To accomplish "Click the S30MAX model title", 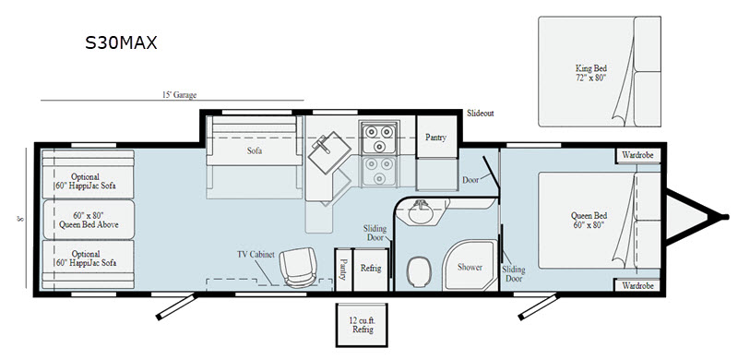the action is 121,42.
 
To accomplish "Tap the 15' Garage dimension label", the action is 179,95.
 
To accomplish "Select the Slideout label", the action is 481,114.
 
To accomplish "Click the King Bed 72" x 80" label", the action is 590,73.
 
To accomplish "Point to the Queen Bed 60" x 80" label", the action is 589,220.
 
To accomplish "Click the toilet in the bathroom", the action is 420,272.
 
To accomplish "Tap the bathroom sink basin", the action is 421,212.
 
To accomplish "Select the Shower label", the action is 470,267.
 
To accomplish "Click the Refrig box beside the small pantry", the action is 371,270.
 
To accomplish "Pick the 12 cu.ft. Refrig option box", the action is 362,325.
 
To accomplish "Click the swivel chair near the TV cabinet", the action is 297,268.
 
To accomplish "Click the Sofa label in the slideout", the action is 255,151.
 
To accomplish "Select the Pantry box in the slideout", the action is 436,138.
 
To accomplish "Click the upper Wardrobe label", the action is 637,155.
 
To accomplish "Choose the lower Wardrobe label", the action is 637,285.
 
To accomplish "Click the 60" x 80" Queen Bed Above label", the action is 89,220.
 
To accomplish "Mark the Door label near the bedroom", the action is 470,179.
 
